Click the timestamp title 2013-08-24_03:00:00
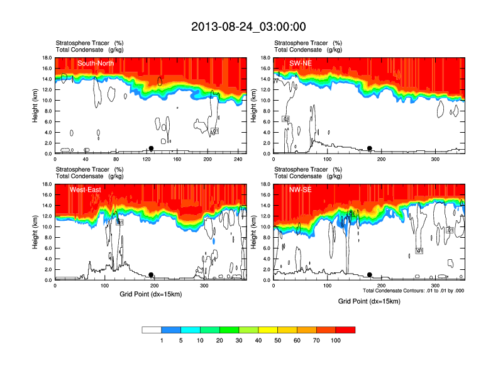[248, 26]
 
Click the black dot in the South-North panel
[151, 148]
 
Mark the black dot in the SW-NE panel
[370, 148]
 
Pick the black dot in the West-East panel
[151, 275]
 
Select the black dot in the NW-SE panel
[370, 275]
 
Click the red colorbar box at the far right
[346, 330]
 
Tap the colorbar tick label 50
[278, 340]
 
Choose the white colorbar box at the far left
[152, 330]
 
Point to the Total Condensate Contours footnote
[413, 291]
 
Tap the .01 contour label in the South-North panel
[214, 131]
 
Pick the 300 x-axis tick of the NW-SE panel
[435, 286]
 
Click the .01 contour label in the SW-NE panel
[285, 119]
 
